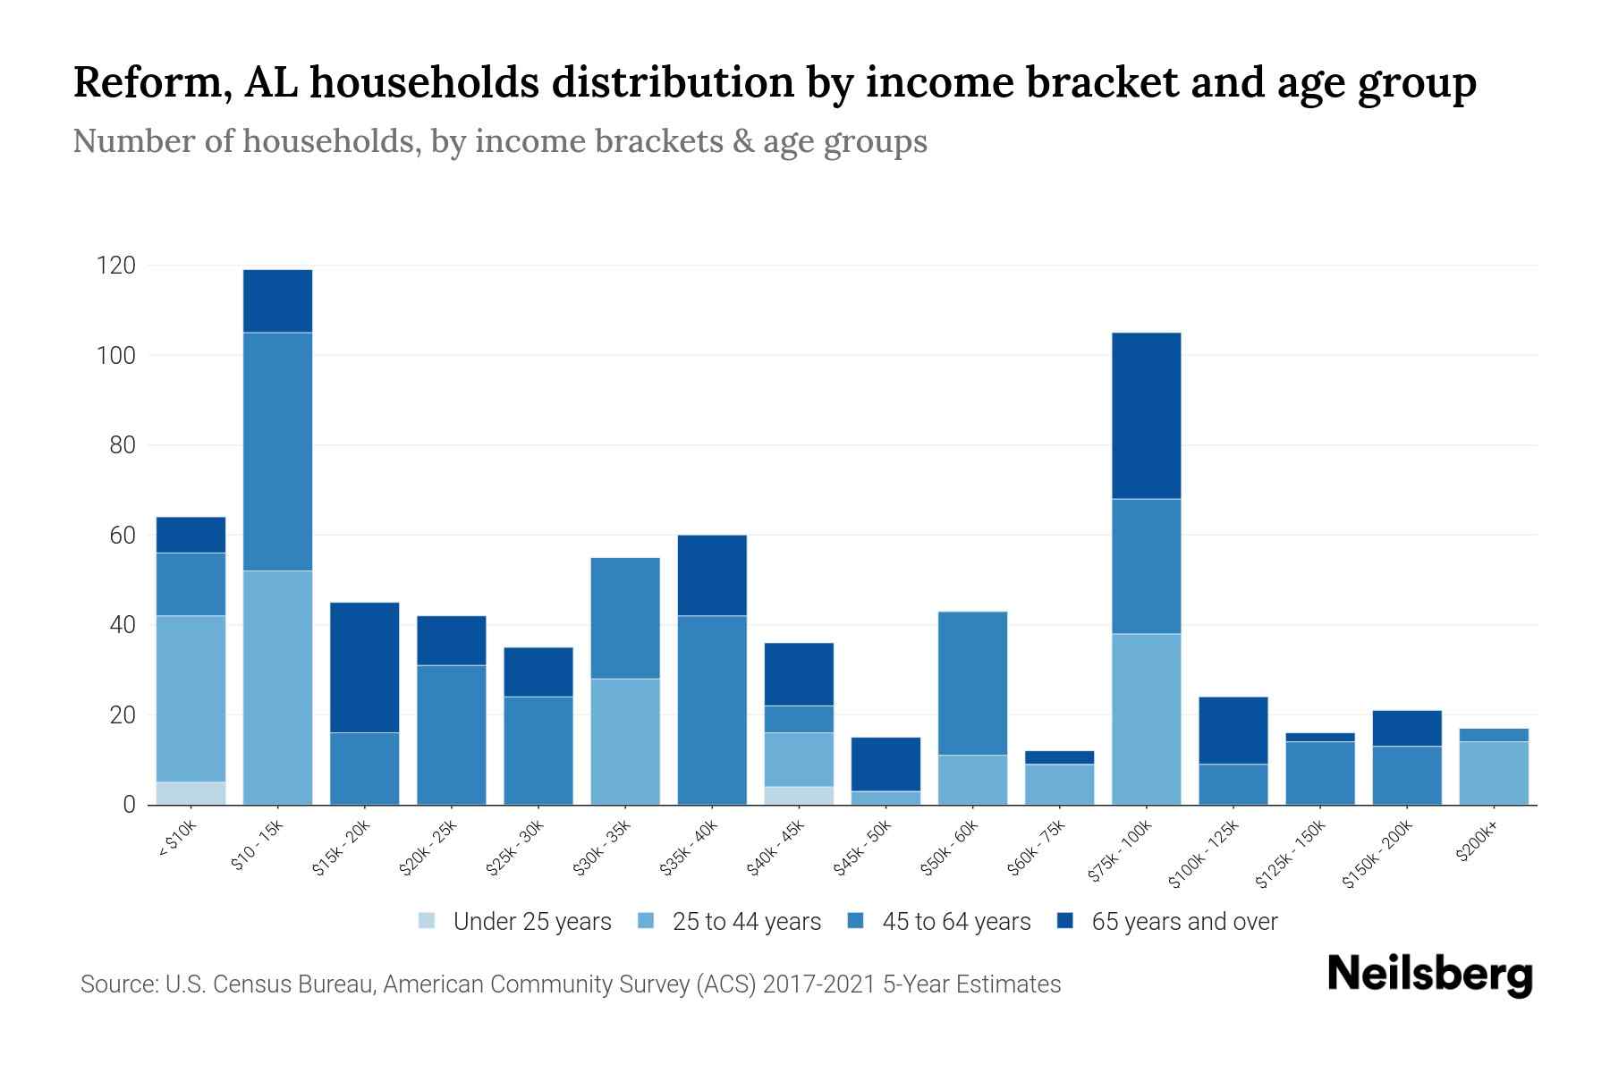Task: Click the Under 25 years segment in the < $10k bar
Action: click(x=191, y=793)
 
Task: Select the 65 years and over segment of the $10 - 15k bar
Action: click(x=277, y=301)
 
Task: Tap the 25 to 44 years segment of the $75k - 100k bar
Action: click(x=1146, y=719)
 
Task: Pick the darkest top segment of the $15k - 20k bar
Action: click(x=364, y=667)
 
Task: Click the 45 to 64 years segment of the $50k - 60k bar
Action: click(x=972, y=683)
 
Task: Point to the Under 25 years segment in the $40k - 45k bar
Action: click(x=799, y=795)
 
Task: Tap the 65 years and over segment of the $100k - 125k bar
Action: click(x=1233, y=730)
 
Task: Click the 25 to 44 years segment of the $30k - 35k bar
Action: click(x=625, y=741)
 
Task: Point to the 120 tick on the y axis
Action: click(x=116, y=266)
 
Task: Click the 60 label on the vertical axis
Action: click(x=123, y=536)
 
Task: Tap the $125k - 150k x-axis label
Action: click(x=1290, y=855)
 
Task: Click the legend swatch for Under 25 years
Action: click(x=428, y=920)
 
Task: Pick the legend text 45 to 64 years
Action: click(x=955, y=922)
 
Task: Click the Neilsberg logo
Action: click(x=1429, y=975)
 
